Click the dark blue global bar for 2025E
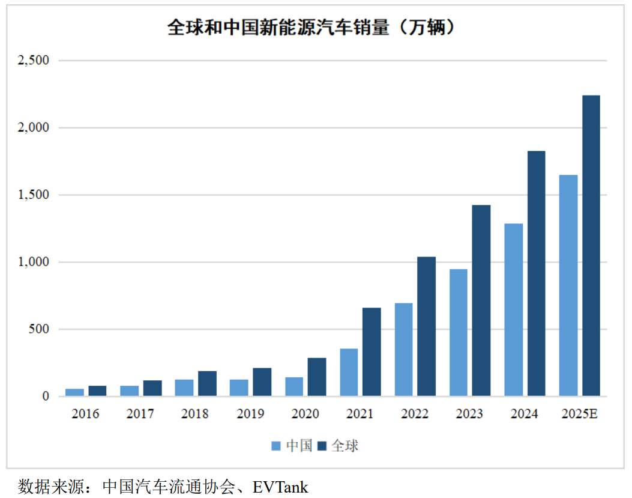pyautogui.click(x=591, y=246)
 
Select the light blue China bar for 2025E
pyautogui.click(x=568, y=285)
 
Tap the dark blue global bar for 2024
pyautogui.click(x=536, y=273)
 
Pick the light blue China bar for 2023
pyautogui.click(x=458, y=332)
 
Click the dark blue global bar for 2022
pyautogui.click(x=426, y=326)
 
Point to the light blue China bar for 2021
pyautogui.click(x=349, y=372)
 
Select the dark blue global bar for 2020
pyautogui.click(x=316, y=377)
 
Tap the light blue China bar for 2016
pyautogui.click(x=74, y=392)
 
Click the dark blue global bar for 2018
pyautogui.click(x=207, y=383)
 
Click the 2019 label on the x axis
pyautogui.click(x=250, y=414)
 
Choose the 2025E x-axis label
pyautogui.click(x=579, y=414)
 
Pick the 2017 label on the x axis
pyautogui.click(x=140, y=414)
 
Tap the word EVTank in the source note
pyautogui.click(x=280, y=486)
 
